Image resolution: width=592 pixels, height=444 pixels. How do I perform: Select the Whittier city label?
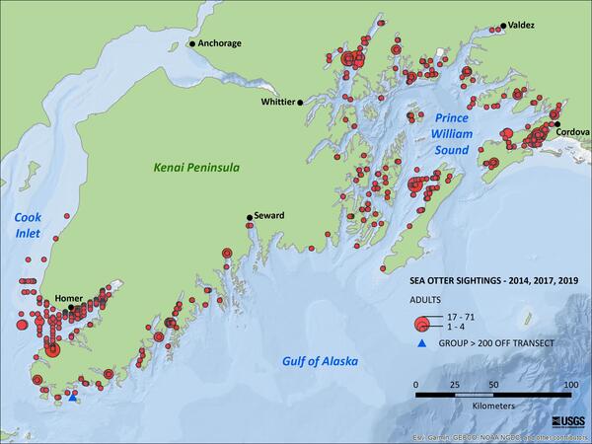coord(275,102)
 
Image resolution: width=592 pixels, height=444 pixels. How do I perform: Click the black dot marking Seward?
coord(249,218)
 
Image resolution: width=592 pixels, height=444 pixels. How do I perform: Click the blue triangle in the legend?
coord(419,343)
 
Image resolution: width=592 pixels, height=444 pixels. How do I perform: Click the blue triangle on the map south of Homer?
coord(73,399)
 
